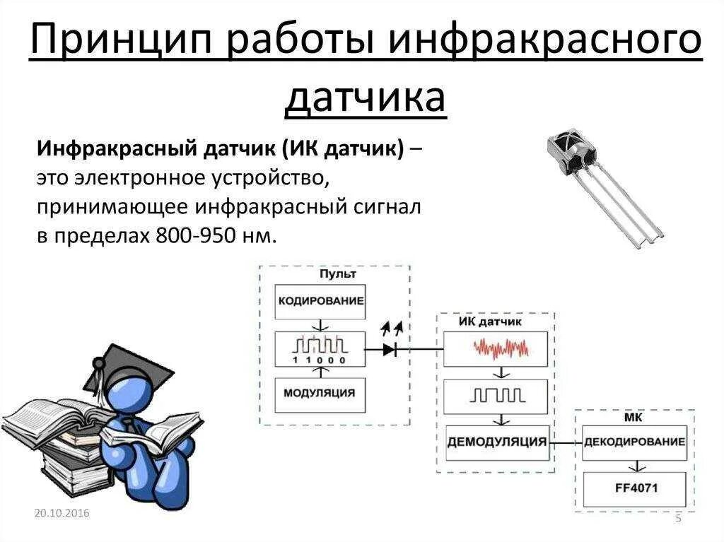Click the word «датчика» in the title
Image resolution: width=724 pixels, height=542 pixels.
coord(366,98)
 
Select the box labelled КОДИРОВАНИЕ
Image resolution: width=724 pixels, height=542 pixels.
coord(321,300)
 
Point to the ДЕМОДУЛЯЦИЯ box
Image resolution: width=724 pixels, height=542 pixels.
coord(497,442)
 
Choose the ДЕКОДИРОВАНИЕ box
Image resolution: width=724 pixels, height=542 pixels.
coord(634,442)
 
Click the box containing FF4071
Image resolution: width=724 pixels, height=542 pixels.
coord(634,488)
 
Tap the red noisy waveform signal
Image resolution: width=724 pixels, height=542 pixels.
coord(501,348)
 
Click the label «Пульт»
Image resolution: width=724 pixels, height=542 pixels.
coord(337,273)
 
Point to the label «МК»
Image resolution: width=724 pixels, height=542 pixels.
coord(633,417)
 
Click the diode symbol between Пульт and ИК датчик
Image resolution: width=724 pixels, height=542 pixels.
coord(390,348)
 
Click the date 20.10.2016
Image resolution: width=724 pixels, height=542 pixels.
coord(62,513)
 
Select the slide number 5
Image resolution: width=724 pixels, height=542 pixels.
coord(679,519)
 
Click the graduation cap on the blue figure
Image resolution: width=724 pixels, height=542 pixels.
coord(131,367)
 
